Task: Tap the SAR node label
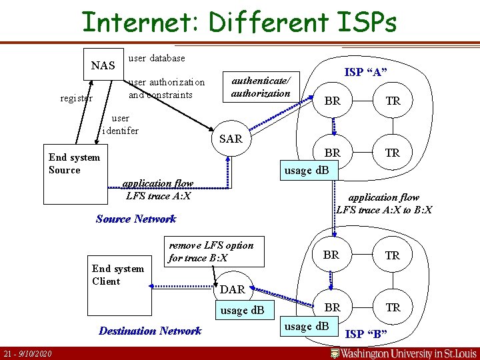pyautogui.click(x=231, y=139)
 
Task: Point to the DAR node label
pyautogui.click(x=233, y=289)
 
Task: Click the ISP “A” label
pyautogui.click(x=366, y=72)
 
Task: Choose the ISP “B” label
pyautogui.click(x=366, y=333)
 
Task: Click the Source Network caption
pyautogui.click(x=136, y=219)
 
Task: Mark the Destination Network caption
pyautogui.click(x=150, y=331)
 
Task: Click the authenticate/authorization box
pyautogui.click(x=261, y=87)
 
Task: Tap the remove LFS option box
pyautogui.click(x=214, y=251)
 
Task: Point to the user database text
pyautogui.click(x=157, y=58)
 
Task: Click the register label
pyautogui.click(x=77, y=98)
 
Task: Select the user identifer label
pyautogui.click(x=121, y=125)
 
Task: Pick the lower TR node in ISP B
pyautogui.click(x=393, y=307)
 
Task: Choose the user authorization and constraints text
pyautogui.click(x=167, y=89)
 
